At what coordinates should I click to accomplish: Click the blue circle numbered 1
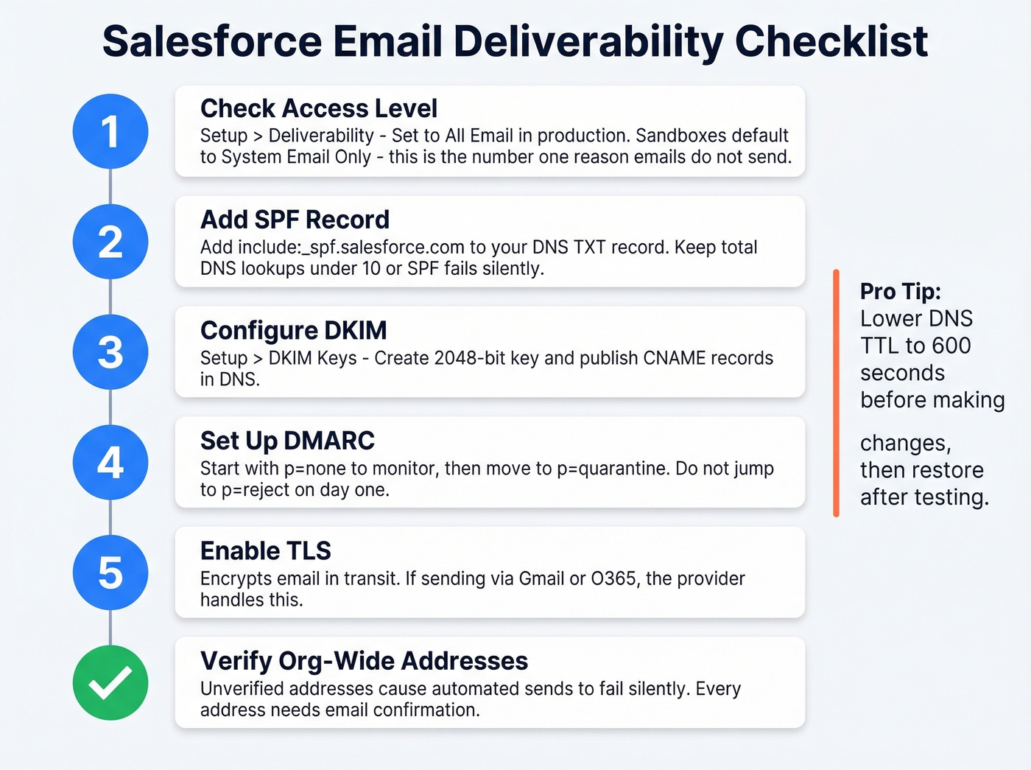[110, 132]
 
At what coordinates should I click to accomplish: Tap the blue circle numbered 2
[110, 242]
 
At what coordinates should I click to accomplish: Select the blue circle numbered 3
[110, 352]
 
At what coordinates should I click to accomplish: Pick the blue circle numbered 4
[110, 463]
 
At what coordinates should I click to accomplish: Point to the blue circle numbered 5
[110, 573]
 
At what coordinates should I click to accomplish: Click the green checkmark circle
[110, 683]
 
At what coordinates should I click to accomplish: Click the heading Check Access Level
[318, 108]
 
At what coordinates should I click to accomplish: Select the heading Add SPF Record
[295, 220]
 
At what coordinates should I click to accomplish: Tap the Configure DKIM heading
[293, 330]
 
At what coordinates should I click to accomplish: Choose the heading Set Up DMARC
[287, 441]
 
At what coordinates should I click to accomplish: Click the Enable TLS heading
[265, 550]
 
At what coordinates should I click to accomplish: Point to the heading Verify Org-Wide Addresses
[364, 661]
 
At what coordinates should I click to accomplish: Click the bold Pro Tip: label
[900, 292]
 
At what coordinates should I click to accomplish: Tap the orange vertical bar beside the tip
[836, 393]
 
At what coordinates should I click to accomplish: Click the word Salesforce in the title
[212, 41]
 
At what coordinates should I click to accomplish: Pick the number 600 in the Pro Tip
[951, 346]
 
